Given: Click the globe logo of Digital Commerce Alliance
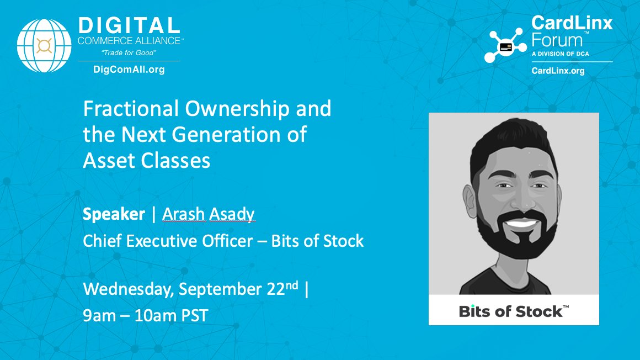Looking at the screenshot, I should (x=45, y=46).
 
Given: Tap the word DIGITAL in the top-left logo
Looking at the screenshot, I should (x=129, y=25).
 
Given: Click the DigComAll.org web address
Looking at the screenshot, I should (x=129, y=70).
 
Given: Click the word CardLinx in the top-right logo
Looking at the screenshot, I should (x=572, y=23).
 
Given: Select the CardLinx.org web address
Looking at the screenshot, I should (x=558, y=71).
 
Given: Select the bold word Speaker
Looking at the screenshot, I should (x=114, y=214).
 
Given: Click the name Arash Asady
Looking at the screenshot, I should (x=209, y=214).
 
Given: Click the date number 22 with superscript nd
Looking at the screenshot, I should (x=279, y=290).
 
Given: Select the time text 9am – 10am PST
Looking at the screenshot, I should (x=146, y=316).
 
